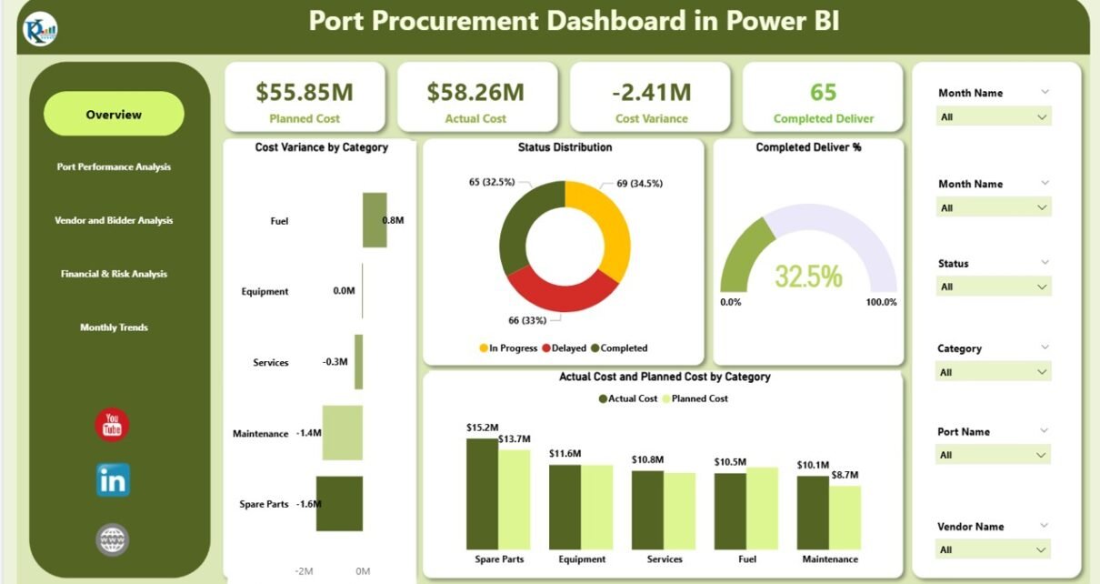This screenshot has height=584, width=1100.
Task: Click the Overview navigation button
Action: point(114,115)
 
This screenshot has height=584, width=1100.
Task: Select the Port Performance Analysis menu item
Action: point(114,167)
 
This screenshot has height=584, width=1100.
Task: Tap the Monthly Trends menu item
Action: point(114,327)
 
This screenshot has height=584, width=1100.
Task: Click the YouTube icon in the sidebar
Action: point(113,425)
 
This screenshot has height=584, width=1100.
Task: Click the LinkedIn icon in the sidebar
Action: point(113,480)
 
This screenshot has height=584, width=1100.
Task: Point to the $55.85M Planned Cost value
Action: point(304,92)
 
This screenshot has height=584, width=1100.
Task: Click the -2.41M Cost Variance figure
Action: point(651,92)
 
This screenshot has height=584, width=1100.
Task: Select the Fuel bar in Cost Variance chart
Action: point(375,219)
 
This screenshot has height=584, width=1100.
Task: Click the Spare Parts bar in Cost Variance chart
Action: point(339,503)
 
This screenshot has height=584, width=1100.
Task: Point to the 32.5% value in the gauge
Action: point(808,276)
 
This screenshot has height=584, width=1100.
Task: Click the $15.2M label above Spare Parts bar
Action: point(482,428)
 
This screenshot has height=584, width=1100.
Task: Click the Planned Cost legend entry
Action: point(695,398)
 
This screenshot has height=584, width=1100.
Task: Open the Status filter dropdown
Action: point(993,287)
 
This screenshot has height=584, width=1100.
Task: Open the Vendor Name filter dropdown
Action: point(993,549)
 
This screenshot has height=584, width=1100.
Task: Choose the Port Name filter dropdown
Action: point(993,455)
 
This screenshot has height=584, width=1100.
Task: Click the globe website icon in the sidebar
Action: point(113,540)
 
